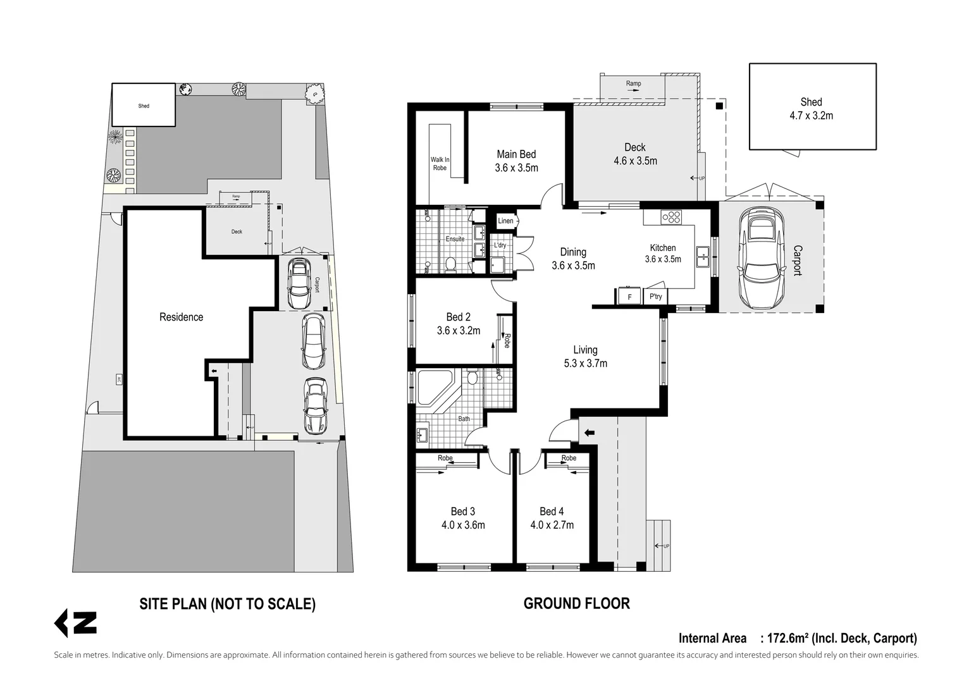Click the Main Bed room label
point(516,154)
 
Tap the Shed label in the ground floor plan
point(811,102)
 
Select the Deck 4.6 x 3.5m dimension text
point(635,161)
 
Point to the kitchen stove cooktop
point(671,217)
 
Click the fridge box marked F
point(629,296)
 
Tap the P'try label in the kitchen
point(655,296)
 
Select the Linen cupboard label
point(505,221)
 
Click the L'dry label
point(500,245)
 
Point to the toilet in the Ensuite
point(450,265)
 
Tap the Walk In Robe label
point(440,164)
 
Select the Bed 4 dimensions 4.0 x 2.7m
point(552,525)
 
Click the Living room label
point(585,350)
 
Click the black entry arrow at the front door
point(590,433)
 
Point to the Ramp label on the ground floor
point(634,83)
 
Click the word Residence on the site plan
point(181,317)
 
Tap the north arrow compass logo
point(75,624)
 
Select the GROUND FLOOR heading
point(577,603)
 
